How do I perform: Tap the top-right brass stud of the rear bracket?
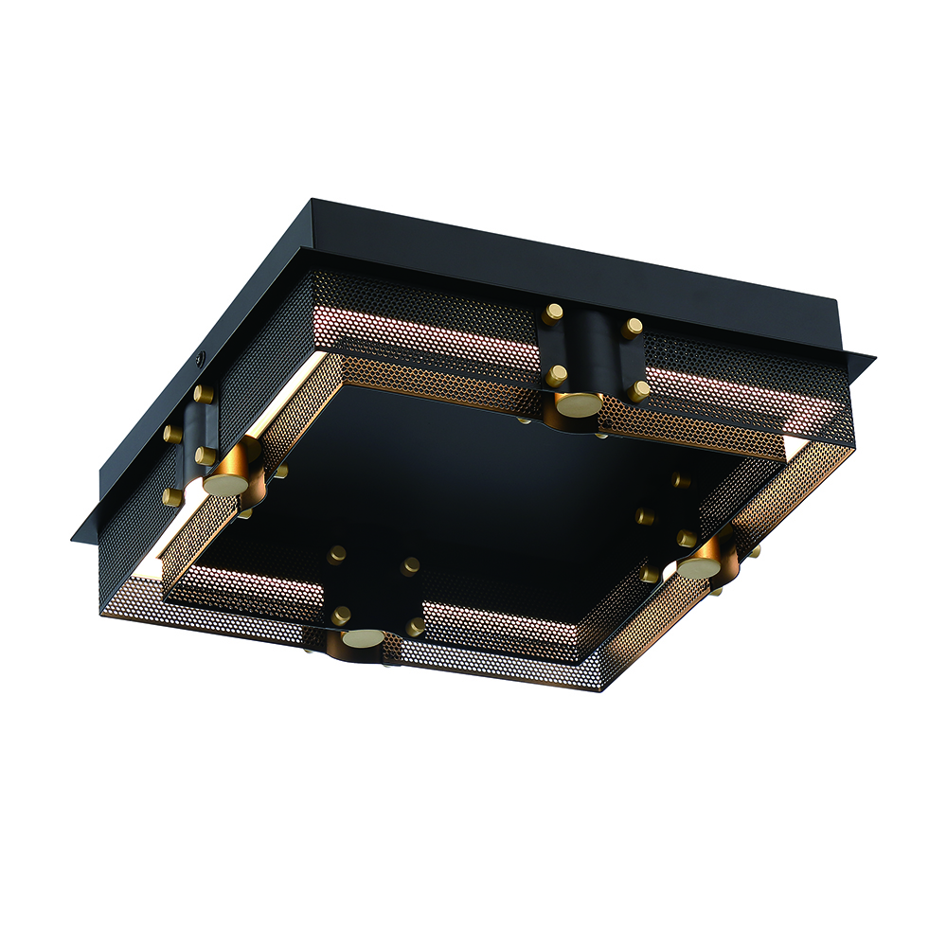coord(633,328)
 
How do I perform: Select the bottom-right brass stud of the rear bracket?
coord(639,390)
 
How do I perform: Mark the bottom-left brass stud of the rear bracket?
coord(556,375)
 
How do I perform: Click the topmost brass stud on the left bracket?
coord(203,392)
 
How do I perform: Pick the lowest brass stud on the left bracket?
coord(172,496)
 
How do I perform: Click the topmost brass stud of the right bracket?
coord(680,480)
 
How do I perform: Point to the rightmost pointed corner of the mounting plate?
coord(873,358)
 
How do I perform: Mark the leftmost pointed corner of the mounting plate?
coord(71,540)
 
